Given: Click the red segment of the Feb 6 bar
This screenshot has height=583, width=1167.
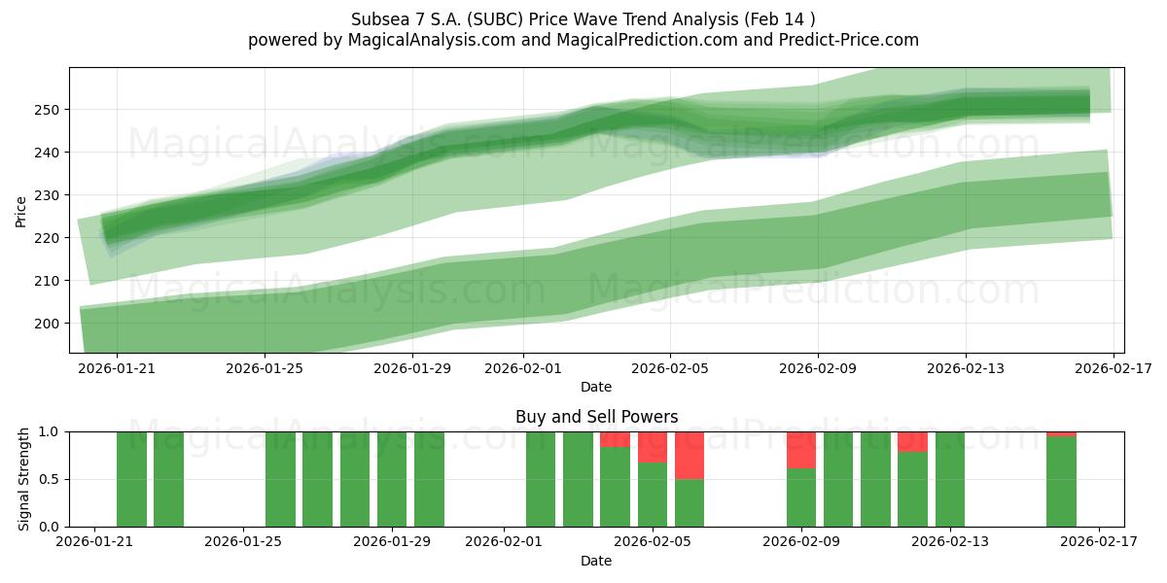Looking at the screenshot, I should (690, 455).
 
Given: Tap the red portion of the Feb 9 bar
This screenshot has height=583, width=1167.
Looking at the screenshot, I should (801, 450).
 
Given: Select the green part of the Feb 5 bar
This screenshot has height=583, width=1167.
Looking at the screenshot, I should (653, 495).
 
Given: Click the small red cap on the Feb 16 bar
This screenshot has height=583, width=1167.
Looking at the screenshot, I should (1061, 433).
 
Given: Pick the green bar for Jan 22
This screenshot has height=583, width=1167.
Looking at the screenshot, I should (131, 479).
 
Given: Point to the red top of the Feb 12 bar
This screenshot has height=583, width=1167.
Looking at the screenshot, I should (912, 441).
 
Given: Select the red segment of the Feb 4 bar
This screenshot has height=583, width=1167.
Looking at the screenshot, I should (615, 439).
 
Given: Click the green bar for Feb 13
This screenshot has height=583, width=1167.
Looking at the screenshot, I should (950, 479).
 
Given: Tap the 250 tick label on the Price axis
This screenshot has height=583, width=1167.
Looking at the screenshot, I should (46, 110).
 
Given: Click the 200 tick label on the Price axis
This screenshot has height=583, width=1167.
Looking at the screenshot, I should (46, 324).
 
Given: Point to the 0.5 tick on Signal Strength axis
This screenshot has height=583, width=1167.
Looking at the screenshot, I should (50, 479).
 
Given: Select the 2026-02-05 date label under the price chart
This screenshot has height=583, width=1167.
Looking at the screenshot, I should (670, 368).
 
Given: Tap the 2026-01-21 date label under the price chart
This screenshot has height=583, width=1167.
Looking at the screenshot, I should (118, 368).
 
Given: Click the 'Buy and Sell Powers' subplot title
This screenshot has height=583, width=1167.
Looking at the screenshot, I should (596, 417).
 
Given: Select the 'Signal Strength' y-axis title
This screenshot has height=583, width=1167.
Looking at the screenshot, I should (24, 479).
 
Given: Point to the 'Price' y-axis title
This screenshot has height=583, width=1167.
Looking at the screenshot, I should (21, 211).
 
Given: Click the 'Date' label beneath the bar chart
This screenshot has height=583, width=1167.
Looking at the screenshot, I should (596, 561).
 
